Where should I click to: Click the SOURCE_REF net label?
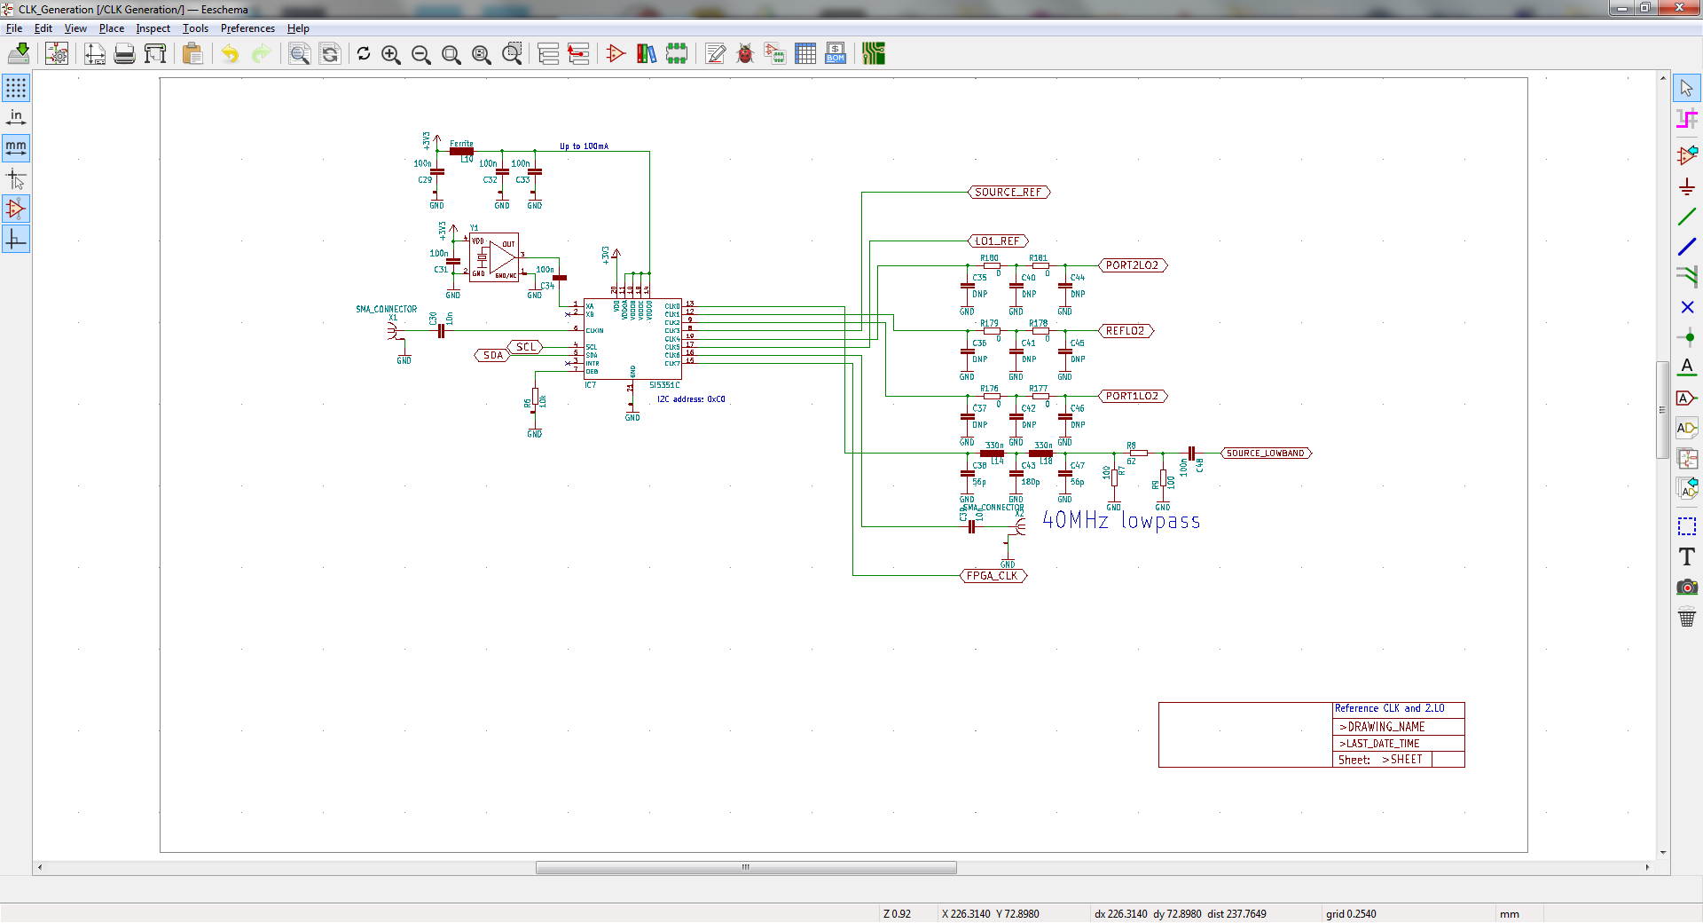click(1008, 193)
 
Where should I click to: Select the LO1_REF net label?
click(998, 241)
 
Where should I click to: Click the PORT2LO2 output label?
click(1132, 265)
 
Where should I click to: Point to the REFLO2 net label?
click(1125, 331)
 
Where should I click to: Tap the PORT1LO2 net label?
click(1132, 397)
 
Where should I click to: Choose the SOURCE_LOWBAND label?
click(1265, 454)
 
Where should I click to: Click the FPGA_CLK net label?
click(993, 576)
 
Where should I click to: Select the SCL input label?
click(526, 347)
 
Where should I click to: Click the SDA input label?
click(493, 355)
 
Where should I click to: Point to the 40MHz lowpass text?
click(1121, 521)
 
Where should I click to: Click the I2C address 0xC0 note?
click(691, 399)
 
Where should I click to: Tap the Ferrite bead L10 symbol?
click(461, 152)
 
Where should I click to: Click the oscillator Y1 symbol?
click(494, 257)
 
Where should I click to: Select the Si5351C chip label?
click(664, 385)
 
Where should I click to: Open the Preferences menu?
click(247, 28)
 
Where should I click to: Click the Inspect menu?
click(153, 28)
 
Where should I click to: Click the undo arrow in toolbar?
click(230, 54)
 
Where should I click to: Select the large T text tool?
click(1686, 556)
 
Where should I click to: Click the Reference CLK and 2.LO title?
click(1389, 708)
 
